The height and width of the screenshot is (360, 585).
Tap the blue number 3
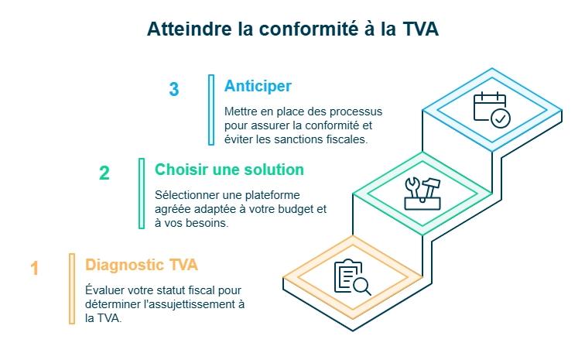pos(173,90)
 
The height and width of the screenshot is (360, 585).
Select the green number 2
pos(104,173)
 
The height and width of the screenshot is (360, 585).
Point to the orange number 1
pos(34,269)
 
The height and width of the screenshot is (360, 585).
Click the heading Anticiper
pos(258,86)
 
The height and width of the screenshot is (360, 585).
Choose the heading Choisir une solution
pos(229,169)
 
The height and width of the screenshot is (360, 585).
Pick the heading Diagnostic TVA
pos(142,265)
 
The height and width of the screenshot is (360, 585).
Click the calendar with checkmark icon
pos(491,109)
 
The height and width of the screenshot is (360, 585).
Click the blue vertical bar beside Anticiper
pos(210,110)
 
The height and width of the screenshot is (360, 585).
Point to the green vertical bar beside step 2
pos(141,194)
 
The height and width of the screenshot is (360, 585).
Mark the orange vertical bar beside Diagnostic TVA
pos(72,289)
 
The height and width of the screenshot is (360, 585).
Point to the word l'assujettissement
pos(186,304)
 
